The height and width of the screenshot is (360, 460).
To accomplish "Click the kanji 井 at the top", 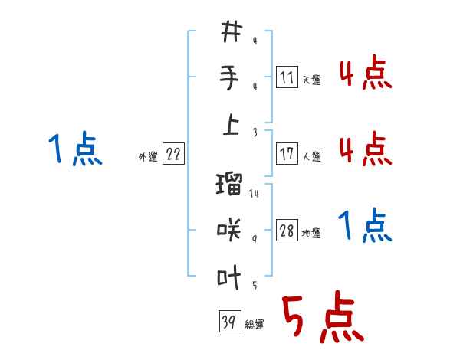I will point(231,33).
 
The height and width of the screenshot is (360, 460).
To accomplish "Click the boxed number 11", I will point(287,77).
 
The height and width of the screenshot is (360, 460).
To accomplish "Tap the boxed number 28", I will point(287,231).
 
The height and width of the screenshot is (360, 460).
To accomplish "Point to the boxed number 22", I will point(173,155).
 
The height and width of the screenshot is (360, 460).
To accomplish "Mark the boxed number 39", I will point(228,322).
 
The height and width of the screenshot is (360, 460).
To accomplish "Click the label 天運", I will point(311,80).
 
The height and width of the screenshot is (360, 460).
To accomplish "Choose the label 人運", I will point(311,156).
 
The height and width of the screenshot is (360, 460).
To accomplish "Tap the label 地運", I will point(311,233).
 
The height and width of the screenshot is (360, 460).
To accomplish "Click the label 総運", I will point(255,325).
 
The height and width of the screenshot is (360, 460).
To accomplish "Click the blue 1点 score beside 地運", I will point(365,227).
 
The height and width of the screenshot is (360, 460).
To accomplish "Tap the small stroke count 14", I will point(255,194).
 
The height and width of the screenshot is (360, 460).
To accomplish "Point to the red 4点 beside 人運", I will point(365,149).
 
